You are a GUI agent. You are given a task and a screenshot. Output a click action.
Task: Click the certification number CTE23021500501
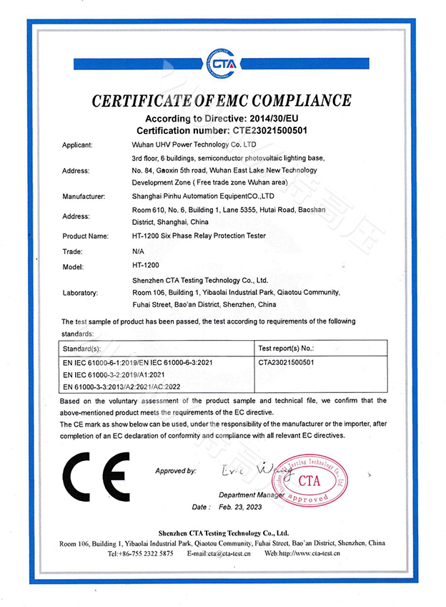[x=270, y=130]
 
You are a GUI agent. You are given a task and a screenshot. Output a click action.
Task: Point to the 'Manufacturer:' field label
[x=84, y=195]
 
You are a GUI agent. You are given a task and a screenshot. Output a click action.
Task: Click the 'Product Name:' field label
[x=85, y=235]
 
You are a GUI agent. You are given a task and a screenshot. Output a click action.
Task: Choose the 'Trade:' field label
[x=73, y=252]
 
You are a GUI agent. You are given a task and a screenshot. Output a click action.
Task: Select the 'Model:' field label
[x=74, y=267]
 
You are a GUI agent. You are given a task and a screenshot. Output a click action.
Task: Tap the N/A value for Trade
[x=139, y=251]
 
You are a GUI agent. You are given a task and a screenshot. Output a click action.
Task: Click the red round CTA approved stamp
[x=312, y=479]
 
